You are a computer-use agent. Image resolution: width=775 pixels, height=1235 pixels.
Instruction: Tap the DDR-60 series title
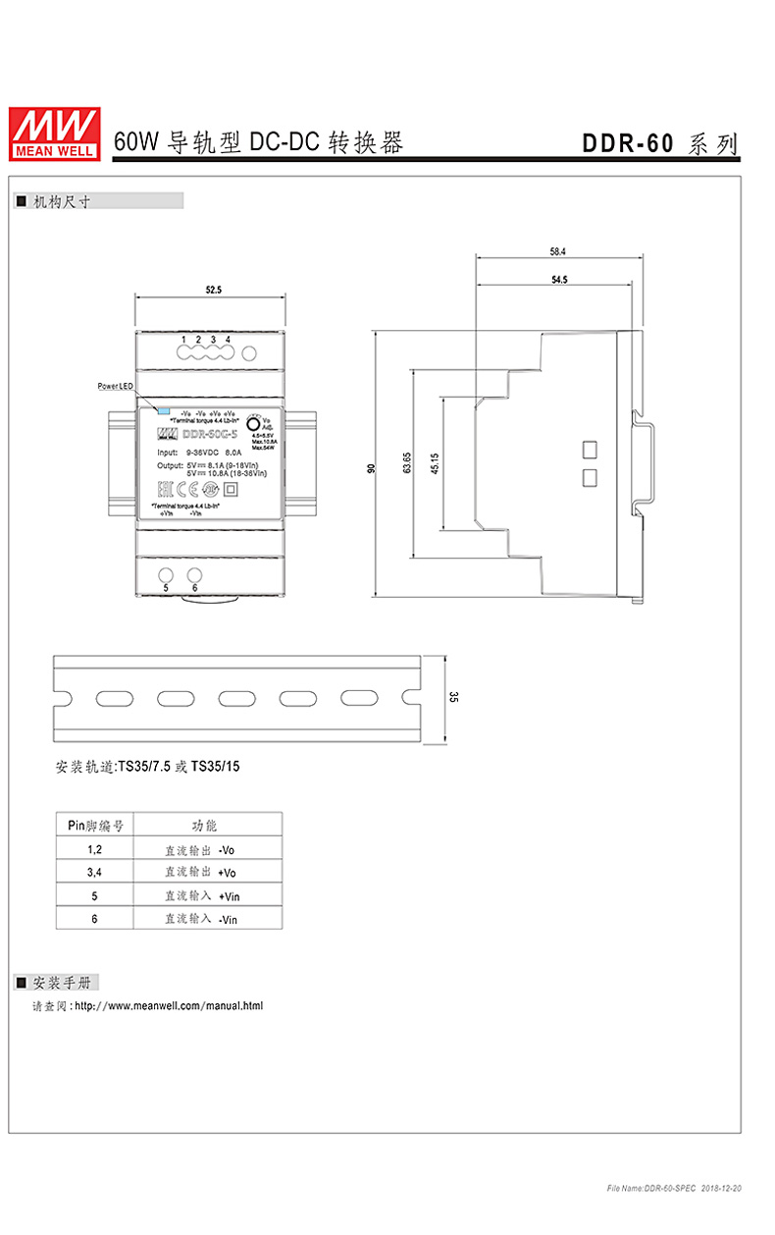(659, 143)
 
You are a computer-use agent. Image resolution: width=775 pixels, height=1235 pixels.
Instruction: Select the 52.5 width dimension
(214, 290)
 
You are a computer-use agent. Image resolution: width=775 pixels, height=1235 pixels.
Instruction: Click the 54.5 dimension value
(559, 280)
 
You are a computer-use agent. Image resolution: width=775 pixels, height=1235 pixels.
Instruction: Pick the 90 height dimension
(371, 468)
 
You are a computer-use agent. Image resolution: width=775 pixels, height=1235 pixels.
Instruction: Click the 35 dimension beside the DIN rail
(453, 698)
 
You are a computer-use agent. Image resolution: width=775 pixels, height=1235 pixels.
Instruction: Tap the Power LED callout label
(115, 387)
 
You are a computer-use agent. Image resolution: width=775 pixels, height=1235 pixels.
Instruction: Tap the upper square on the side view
(590, 450)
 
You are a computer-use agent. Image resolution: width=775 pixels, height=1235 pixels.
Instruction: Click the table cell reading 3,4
(94, 872)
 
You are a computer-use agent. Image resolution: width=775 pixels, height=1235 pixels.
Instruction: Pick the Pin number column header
(94, 825)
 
